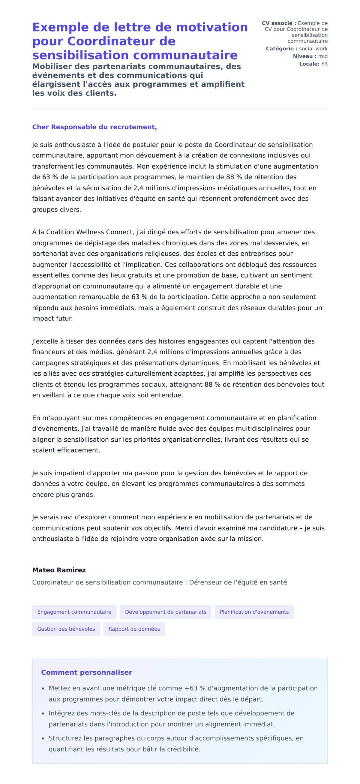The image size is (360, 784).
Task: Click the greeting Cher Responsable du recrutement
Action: click(94, 127)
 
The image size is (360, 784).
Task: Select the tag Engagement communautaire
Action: click(74, 612)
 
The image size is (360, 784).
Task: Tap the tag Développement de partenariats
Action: click(165, 612)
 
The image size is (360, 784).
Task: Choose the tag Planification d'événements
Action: click(254, 612)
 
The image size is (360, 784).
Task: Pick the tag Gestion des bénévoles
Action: click(66, 629)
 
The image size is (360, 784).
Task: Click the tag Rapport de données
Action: click(134, 629)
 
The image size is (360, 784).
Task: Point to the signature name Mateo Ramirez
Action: click(59, 570)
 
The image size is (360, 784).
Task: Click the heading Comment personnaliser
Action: click(86, 672)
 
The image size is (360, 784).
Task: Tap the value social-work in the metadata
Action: click(313, 49)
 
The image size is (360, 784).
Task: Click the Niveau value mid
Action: click(322, 56)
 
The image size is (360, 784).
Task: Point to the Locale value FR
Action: click(324, 64)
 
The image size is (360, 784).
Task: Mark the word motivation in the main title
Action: click(212, 27)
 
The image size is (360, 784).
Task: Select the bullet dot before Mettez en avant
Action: click(43, 689)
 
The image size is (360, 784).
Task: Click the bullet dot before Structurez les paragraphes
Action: click(43, 739)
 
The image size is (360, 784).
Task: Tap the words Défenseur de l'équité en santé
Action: click(238, 582)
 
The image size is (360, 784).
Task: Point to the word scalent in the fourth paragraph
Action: click(44, 450)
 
